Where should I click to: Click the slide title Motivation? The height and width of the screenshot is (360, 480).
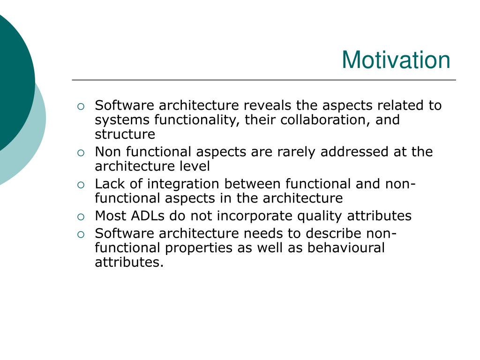pos(396,60)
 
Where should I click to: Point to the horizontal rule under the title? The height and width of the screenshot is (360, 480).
pos(264,80)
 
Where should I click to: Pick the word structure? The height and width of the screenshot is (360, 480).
pos(125,135)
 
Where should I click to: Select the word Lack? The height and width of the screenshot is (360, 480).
pos(110,184)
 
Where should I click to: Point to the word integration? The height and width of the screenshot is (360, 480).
pos(183,184)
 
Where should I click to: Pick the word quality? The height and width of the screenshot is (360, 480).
pos(319,216)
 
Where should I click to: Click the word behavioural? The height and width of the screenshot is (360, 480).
pos(346,247)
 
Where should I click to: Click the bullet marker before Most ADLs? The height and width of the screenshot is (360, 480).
pos(81,217)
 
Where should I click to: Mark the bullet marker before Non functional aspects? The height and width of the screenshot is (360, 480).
pos(81,153)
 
